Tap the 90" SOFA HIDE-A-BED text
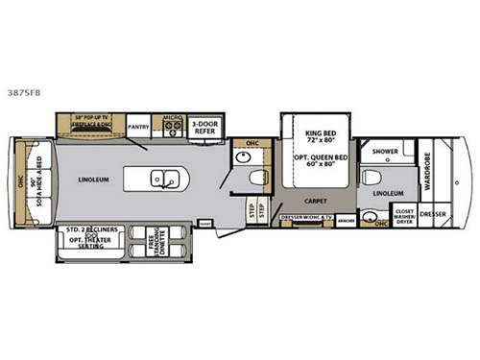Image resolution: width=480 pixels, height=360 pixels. pos(36,180)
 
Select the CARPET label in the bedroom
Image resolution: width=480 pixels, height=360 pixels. pos(316,201)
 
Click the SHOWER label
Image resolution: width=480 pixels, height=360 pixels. pos(386,151)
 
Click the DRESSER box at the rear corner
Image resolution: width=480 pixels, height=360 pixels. pos(433,214)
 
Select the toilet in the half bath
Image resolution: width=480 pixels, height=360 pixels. pos(256,178)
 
